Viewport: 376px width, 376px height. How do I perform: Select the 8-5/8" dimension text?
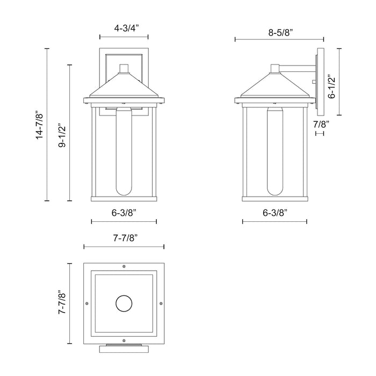pos(279,32)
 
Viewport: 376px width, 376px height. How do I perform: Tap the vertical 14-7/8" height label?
pos(38,126)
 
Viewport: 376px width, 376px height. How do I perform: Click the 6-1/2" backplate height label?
pos(332,86)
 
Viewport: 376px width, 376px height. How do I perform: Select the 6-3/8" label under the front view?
pos(124,213)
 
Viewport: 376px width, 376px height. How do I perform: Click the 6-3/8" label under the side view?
pos(274,213)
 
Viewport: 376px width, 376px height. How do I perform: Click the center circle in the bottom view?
pos(124,303)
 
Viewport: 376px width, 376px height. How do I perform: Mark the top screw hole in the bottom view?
pos(124,266)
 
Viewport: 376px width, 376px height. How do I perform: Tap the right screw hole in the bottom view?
pos(161,303)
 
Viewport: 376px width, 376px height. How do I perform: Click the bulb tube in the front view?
pos(124,150)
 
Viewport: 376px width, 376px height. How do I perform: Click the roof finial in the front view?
pos(124,68)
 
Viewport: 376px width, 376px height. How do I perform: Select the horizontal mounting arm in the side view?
pos(298,68)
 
